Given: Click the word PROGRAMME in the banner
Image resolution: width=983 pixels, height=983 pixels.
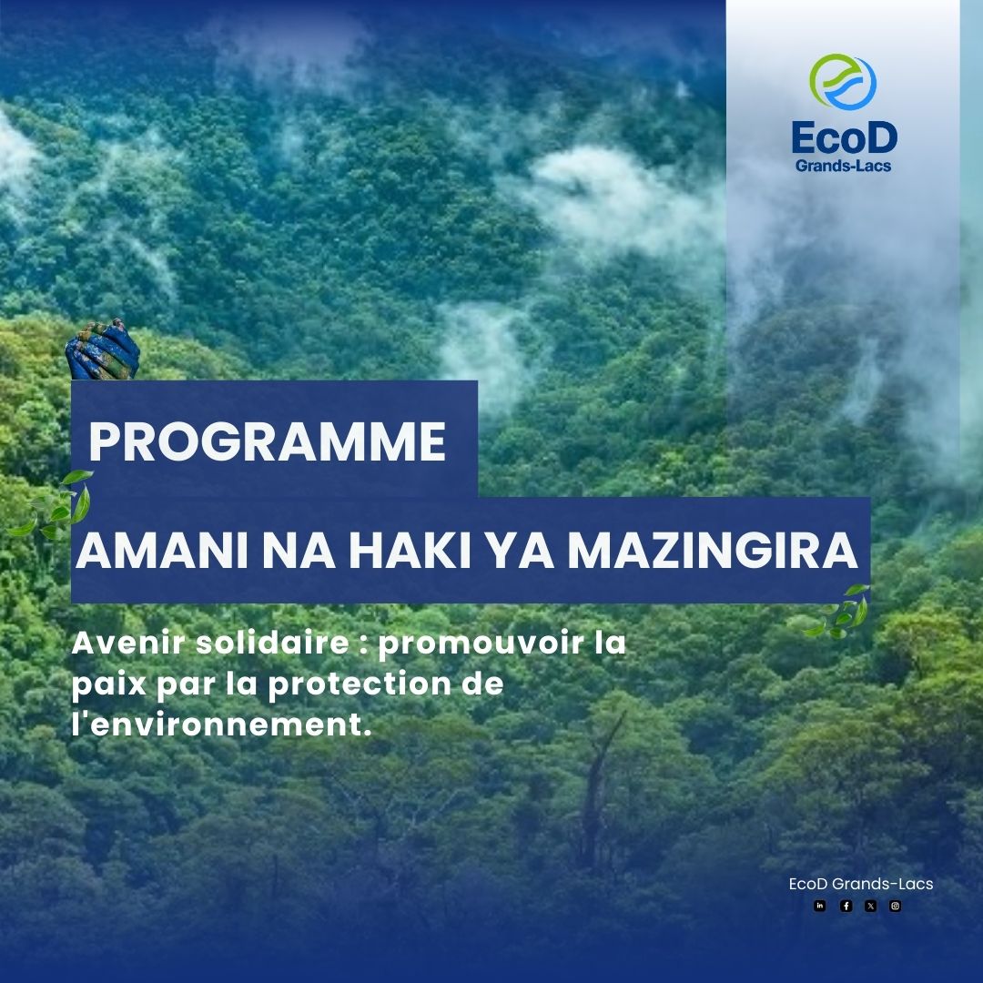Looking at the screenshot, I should pos(268,441).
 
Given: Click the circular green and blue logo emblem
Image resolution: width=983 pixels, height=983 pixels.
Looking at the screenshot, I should pos(842,83).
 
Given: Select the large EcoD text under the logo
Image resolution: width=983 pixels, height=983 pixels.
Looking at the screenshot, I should pos(843,137).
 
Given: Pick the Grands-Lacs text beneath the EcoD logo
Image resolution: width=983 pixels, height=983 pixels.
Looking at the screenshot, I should pos(843,167).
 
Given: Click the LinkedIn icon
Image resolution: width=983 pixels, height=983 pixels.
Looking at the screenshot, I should pos(820,906).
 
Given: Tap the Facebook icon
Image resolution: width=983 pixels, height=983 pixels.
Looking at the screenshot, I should pos(846,906).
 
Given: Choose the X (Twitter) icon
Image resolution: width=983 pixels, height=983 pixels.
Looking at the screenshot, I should pos(870,906).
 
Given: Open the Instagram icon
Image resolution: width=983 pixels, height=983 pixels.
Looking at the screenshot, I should pos(895,906).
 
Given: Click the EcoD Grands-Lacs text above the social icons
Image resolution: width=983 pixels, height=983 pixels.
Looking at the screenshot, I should pos(860,884).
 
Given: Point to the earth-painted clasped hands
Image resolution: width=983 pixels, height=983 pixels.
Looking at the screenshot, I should pos(96,350).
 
